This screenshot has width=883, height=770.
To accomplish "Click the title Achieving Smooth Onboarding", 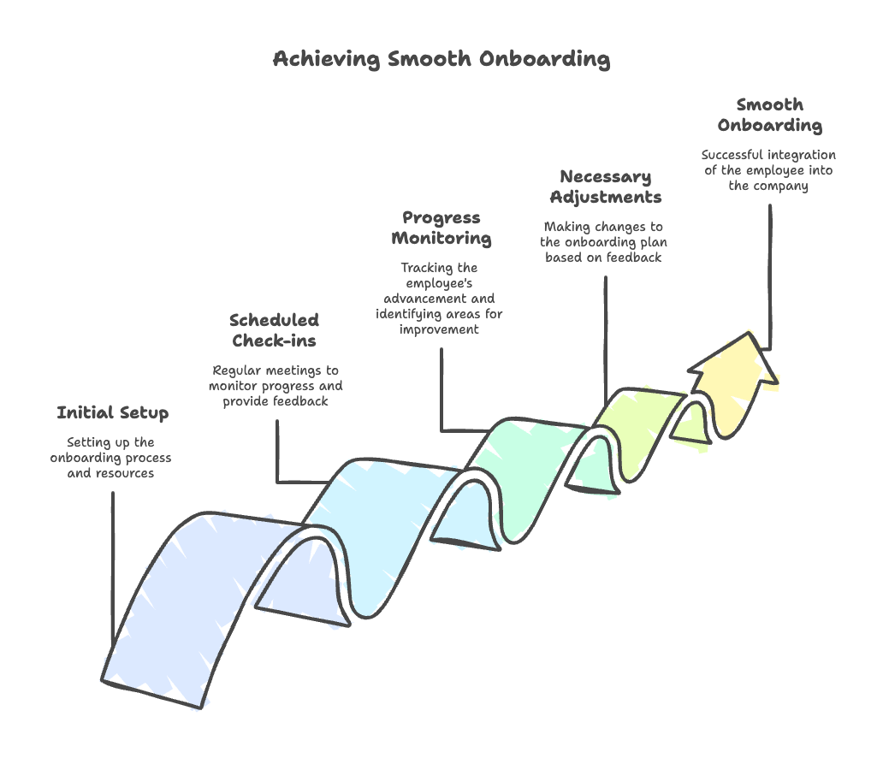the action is point(441,59).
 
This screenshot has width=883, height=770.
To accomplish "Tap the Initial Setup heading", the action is point(113,413).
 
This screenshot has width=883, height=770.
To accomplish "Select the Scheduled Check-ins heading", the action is point(275,330).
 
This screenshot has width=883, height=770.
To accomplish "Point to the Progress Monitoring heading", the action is point(441,228).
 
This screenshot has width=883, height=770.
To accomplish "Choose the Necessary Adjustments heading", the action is point(606,187).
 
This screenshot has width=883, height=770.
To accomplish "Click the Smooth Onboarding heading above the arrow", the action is point(770,115).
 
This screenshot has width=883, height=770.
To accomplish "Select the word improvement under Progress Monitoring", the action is point(439,329).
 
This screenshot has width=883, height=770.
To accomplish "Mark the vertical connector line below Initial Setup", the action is point(113,569).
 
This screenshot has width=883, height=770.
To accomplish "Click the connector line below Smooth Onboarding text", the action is point(770,277).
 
